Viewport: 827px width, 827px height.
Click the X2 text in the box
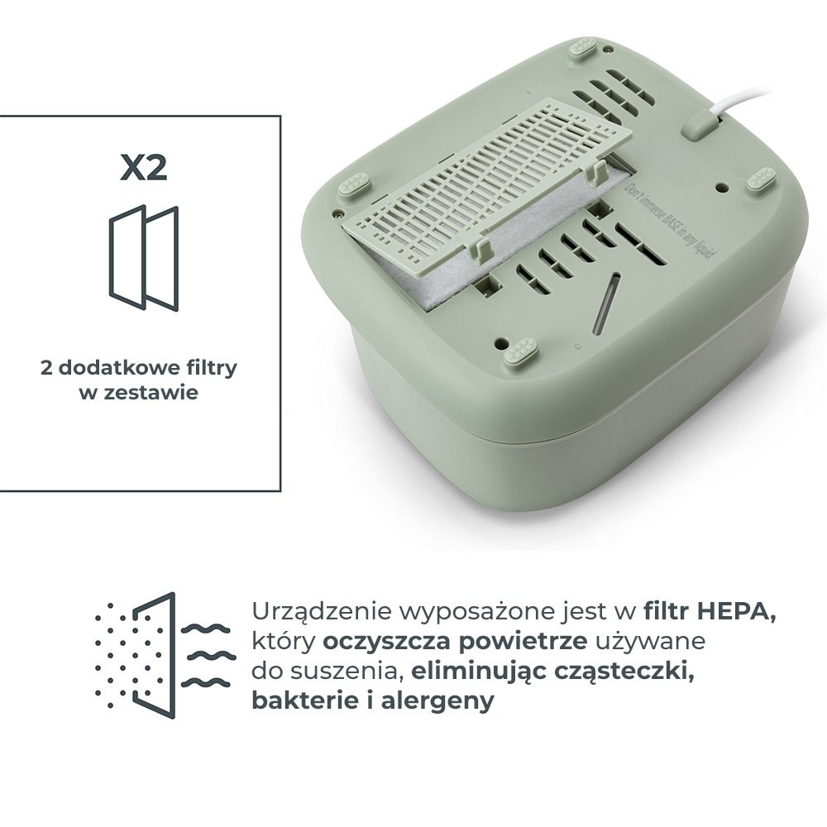tap(143, 167)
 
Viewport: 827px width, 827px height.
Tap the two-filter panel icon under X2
tap(143, 257)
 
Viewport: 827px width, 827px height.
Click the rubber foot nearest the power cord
tap(761, 179)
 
